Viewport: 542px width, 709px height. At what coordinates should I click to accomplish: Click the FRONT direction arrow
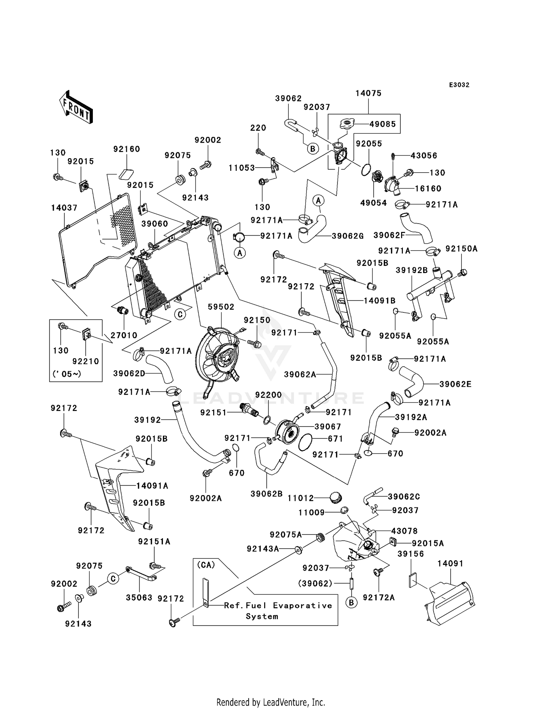coord(76,107)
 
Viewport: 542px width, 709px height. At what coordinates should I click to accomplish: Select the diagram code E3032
coord(459,85)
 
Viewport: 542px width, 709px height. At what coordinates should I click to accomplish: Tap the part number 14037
coord(64,208)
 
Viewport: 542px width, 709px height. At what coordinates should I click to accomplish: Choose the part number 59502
coord(221,307)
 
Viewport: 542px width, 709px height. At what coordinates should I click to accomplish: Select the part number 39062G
coord(348,236)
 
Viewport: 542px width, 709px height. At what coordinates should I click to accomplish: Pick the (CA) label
coord(206,565)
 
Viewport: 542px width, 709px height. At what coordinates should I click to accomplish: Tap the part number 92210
coord(86,361)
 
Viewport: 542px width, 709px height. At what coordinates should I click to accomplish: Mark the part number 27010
coord(124,335)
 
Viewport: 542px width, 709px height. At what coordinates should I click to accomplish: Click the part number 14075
coord(368,93)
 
